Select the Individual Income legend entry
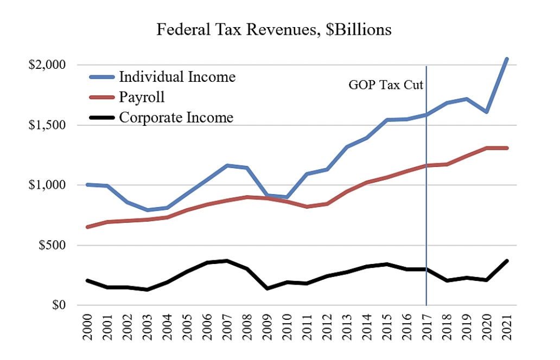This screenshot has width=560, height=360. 177,76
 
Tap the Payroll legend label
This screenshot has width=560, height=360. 142,97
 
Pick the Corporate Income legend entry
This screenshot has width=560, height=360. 176,117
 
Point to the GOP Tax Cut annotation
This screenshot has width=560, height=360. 385,85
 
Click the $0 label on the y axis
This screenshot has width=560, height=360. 58,305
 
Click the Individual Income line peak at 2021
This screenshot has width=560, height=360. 506,59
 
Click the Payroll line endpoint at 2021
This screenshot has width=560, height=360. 506,148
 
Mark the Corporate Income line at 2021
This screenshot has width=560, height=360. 506,261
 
